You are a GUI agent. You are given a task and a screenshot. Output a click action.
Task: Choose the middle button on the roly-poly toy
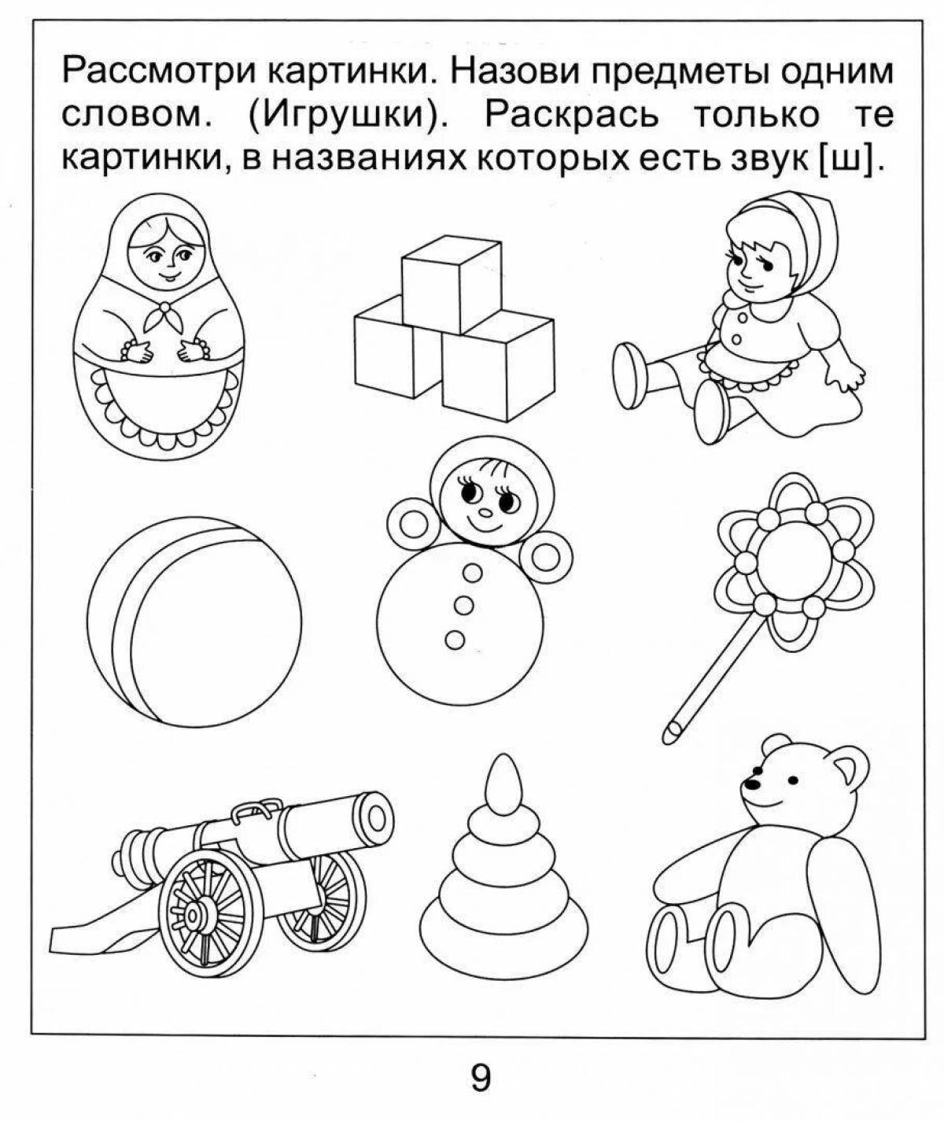(x=464, y=604)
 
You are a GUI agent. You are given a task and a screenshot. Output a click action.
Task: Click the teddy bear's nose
(x=753, y=784)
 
